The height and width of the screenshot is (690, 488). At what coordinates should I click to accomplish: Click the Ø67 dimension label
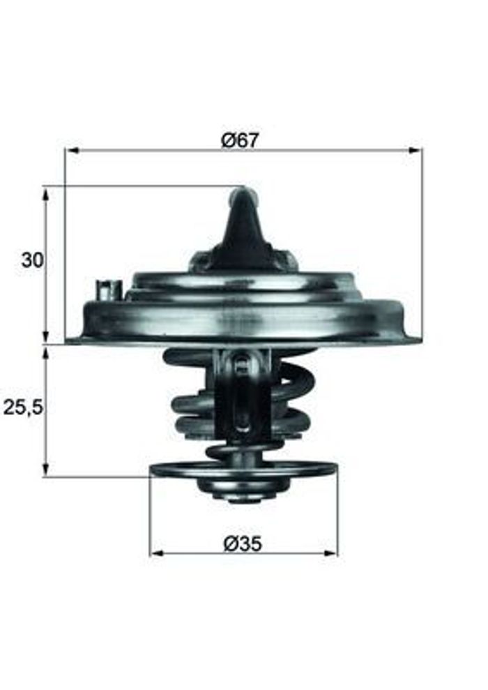click(x=241, y=140)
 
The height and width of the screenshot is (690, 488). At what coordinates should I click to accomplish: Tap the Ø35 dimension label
click(x=243, y=544)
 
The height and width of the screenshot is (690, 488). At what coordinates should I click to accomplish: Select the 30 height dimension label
click(x=33, y=260)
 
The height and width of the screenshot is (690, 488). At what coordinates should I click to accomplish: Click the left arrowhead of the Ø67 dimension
click(x=72, y=151)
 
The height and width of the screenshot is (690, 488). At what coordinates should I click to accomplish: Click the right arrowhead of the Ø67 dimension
click(x=415, y=151)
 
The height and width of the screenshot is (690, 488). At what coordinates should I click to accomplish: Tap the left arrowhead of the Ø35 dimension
click(x=157, y=553)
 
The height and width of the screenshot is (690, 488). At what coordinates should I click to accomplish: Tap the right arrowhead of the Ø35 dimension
click(x=330, y=553)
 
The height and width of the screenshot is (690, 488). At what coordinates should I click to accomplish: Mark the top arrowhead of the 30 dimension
click(x=46, y=193)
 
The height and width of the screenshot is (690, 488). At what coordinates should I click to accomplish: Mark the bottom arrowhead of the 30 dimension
click(x=46, y=336)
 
